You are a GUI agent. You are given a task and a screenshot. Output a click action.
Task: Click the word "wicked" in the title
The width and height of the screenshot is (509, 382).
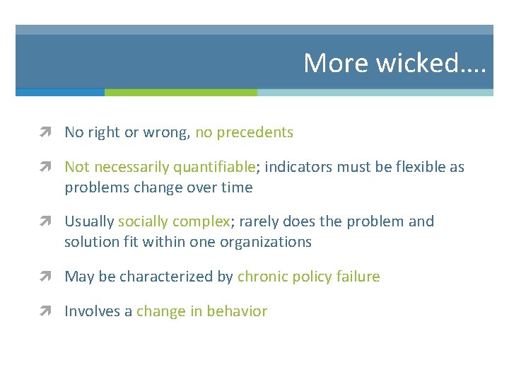click(x=416, y=63)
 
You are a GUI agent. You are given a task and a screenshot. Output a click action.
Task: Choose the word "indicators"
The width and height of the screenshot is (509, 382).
click(x=296, y=167)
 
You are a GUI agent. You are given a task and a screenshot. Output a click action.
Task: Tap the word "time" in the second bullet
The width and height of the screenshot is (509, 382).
click(x=237, y=187)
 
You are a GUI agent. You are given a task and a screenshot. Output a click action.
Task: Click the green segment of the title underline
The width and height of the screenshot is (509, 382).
click(x=180, y=92)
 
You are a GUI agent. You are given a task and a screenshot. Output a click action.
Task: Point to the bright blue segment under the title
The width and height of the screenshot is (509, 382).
click(x=60, y=92)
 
